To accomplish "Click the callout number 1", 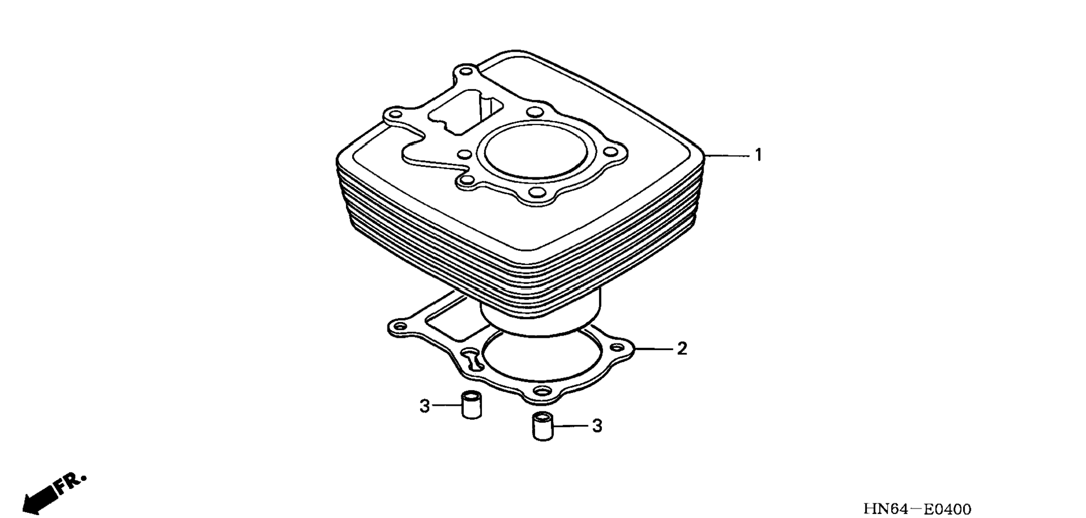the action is [x=758, y=155].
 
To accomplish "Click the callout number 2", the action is [x=682, y=349].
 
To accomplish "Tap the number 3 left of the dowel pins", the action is [x=425, y=406].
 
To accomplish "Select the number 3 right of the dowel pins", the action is [x=597, y=426].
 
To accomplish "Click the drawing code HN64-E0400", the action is [x=917, y=509].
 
